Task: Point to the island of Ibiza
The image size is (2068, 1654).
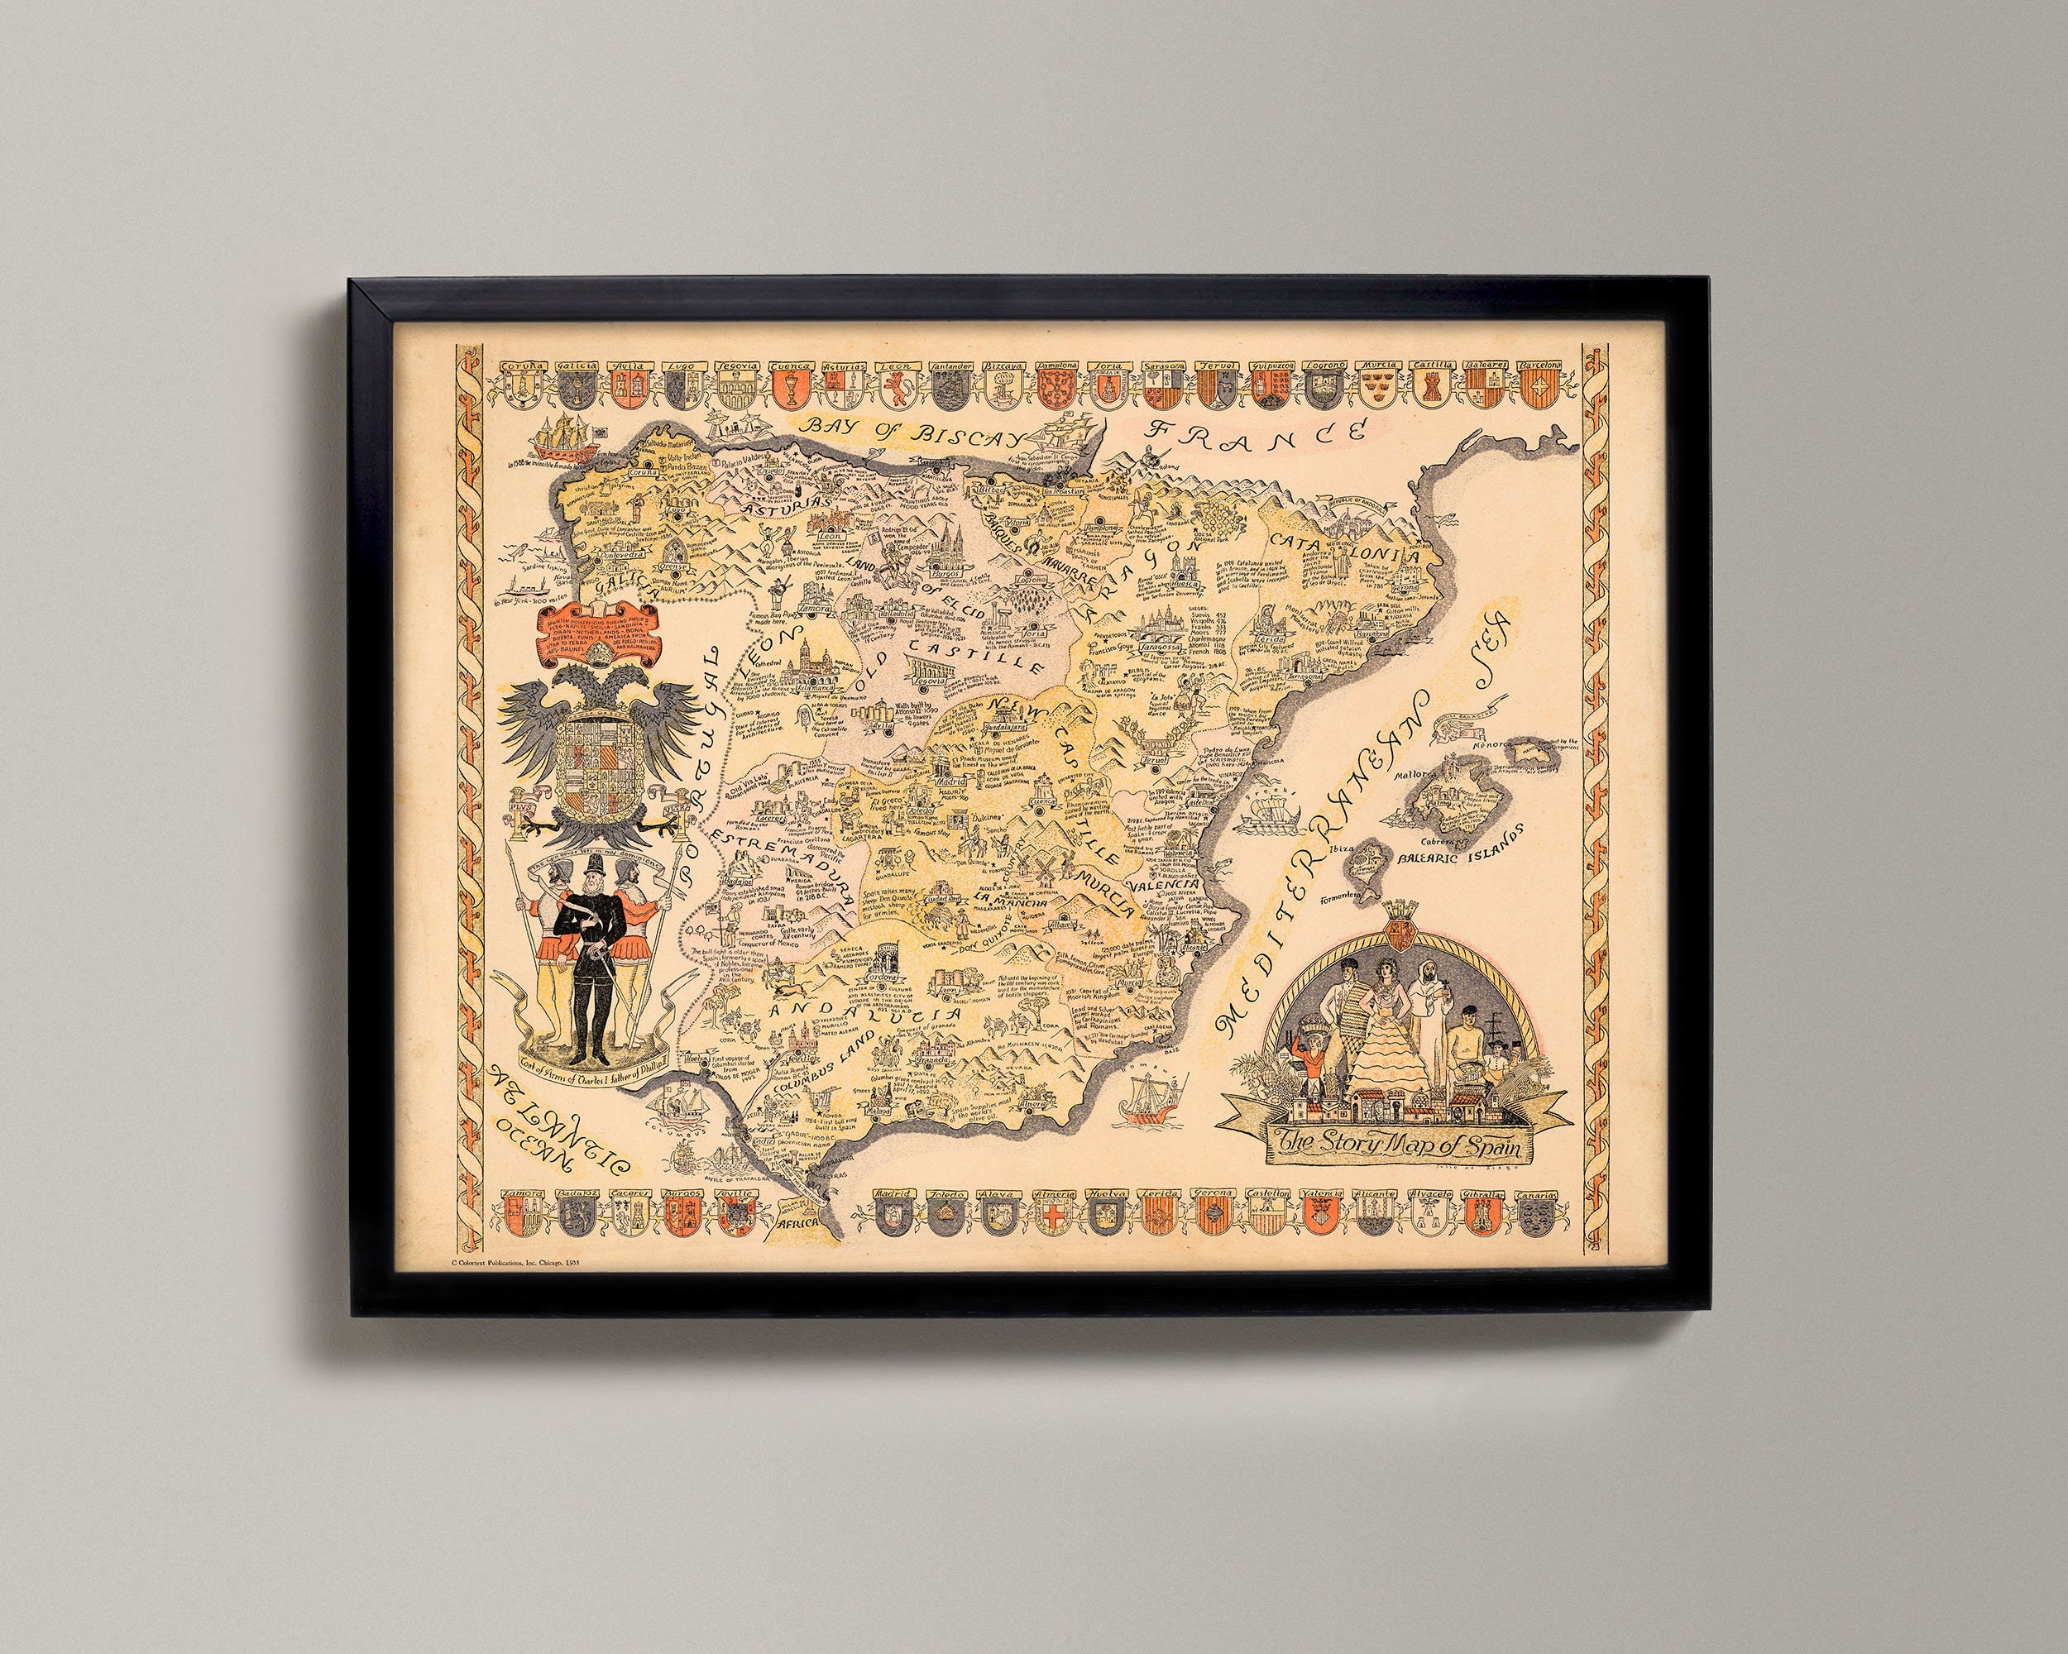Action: [1367, 863]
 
